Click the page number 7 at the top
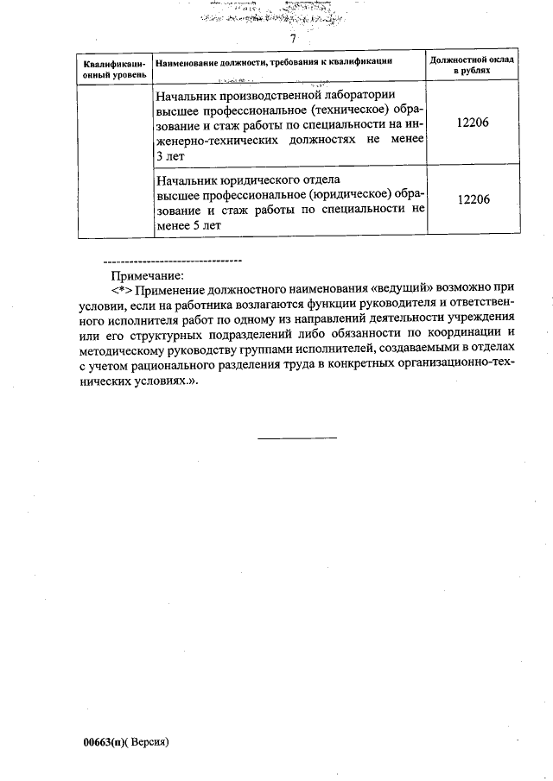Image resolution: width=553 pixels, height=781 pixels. tap(293, 40)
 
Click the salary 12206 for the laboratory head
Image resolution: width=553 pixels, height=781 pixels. tap(473, 123)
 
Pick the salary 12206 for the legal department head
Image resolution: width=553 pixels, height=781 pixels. tap(473, 199)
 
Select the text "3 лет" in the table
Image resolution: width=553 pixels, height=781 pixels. tap(172, 155)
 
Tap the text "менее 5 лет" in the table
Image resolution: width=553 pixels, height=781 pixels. tap(188, 224)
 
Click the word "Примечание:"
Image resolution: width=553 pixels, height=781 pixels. tap(148, 275)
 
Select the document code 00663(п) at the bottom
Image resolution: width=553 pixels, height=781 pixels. tap(105, 742)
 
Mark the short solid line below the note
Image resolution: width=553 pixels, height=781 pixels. tap(297, 438)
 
